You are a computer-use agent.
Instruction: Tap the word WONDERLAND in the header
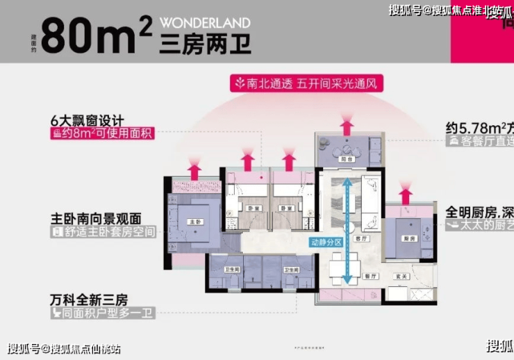coord(205,23)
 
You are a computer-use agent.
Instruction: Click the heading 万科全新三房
coord(88,300)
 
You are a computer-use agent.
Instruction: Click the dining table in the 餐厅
coord(345,265)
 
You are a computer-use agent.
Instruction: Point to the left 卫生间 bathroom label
coord(233,269)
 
